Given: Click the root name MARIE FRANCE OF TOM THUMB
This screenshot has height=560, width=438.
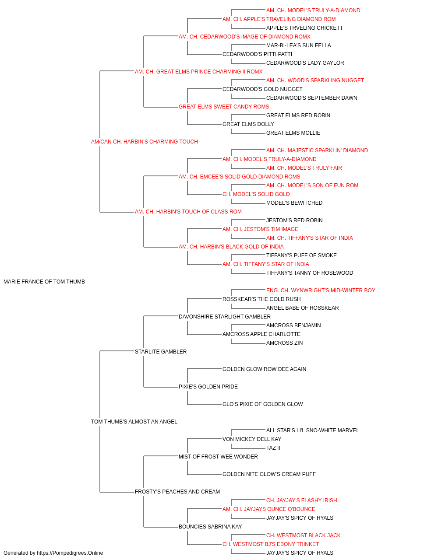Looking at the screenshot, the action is [44, 282].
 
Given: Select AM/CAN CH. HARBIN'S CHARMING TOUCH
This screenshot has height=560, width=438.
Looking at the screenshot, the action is [145, 142].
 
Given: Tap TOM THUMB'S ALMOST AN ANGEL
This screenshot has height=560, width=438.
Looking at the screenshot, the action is [134, 422].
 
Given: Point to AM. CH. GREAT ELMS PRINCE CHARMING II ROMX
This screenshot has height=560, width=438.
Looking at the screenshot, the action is [198, 72].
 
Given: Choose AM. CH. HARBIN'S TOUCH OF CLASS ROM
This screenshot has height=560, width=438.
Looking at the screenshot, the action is [188, 212].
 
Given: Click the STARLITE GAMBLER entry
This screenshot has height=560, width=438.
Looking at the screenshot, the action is [161, 351].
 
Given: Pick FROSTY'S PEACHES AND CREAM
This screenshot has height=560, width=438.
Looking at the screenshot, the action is [177, 492].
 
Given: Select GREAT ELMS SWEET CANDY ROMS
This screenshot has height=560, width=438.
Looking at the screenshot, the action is [224, 107].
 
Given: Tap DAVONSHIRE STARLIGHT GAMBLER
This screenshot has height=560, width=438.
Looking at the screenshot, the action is [225, 317].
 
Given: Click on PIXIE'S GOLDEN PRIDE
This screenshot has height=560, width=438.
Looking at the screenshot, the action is [208, 387].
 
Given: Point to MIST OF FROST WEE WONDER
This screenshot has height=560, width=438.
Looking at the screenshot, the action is [218, 457].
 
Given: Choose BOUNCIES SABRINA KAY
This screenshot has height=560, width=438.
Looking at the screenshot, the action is [210, 527].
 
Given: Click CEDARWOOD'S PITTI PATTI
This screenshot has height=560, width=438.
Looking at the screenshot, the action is [257, 54].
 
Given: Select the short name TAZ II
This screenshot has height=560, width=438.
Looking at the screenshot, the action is [273, 448].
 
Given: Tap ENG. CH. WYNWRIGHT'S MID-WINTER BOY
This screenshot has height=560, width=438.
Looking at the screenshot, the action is [321, 290].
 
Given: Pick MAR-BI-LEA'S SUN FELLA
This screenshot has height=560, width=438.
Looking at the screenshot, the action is [298, 45].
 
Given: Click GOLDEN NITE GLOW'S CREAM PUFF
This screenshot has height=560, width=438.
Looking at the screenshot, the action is [269, 474].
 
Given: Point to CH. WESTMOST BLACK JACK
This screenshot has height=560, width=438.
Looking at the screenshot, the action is [304, 535].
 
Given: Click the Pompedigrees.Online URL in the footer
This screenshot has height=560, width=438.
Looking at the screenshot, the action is [70, 553].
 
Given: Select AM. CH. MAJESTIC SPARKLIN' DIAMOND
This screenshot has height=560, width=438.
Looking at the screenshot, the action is [317, 150].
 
